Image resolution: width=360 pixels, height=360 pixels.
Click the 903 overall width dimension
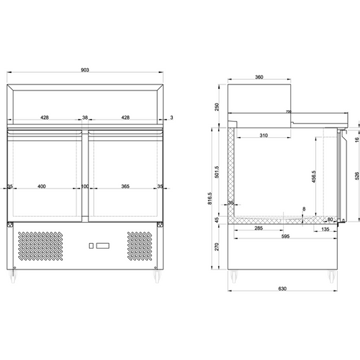tap(85, 70)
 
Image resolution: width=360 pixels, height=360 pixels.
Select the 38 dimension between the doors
tap(85, 118)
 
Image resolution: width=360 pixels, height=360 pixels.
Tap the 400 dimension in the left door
tap(42, 186)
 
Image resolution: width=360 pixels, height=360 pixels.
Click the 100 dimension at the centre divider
tap(85, 186)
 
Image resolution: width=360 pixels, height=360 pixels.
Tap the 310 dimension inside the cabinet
tap(264, 136)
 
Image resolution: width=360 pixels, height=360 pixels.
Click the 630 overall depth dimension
tap(282, 289)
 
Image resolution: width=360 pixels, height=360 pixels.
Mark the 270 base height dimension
tap(215, 247)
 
